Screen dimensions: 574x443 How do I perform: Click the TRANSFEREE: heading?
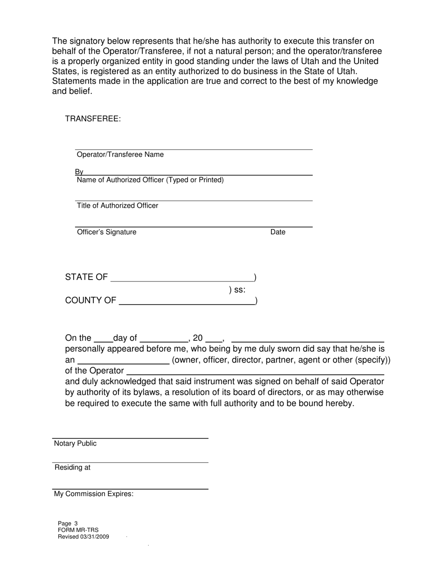[x=93, y=119]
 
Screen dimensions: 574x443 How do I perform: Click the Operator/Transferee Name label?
[x=120, y=154]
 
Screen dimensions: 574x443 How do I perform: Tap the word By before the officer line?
[x=79, y=172]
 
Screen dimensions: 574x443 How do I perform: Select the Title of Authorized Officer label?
[x=118, y=205]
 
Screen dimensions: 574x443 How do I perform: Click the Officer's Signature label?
[x=106, y=232]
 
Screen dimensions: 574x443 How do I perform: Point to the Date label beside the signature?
[x=278, y=232]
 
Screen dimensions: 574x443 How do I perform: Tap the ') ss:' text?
[x=237, y=290]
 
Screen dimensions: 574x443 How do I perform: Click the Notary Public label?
[x=75, y=443]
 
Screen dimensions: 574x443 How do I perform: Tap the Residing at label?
[x=72, y=468]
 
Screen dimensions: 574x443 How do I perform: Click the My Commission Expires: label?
[x=94, y=494]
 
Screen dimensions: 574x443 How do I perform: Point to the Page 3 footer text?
[x=68, y=524]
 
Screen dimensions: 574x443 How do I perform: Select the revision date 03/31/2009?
[x=95, y=537]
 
